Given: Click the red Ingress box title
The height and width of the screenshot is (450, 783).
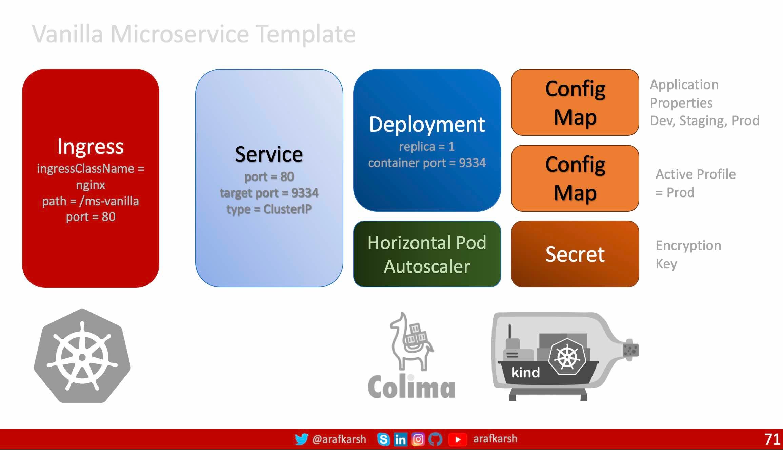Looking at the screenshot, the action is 91,147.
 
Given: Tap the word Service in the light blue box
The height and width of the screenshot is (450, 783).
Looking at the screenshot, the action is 269,154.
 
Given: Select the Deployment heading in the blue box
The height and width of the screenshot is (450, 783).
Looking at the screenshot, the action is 427,125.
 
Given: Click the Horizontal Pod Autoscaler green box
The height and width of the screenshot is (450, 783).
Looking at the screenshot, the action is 427,254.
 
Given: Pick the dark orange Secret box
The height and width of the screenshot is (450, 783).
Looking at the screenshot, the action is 575,254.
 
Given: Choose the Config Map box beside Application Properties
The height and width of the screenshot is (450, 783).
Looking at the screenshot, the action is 575,102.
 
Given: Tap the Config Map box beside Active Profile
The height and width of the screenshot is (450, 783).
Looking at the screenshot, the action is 575,178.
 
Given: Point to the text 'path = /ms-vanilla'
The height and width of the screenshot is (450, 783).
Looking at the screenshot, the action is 91,201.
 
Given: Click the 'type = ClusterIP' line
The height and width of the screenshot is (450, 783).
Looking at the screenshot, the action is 269,209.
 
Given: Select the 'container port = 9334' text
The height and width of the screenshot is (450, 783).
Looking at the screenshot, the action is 427,163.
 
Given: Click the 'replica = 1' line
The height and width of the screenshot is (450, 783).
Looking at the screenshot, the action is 427,147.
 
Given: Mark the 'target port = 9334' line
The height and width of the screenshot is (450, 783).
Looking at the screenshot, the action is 269,193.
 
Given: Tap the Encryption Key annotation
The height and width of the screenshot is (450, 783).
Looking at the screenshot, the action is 688,255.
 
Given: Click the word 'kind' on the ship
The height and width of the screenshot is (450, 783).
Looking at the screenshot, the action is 525,372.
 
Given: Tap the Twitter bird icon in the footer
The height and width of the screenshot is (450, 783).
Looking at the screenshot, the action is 301,439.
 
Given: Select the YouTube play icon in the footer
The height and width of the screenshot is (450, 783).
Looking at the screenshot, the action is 458,439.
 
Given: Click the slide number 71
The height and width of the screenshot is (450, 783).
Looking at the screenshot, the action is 772,439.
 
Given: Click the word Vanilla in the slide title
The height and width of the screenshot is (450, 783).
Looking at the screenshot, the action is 67,34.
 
